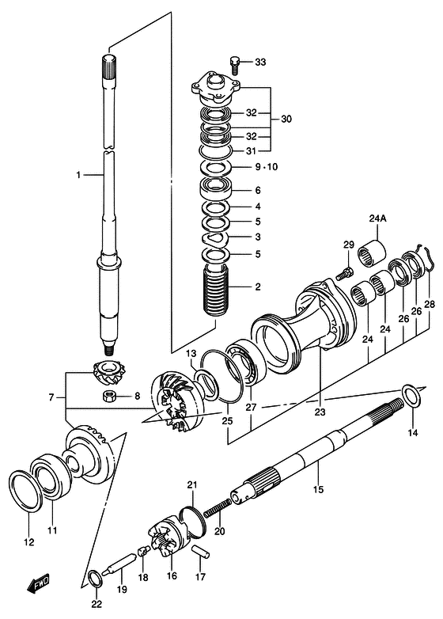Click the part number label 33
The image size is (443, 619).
click(261, 62)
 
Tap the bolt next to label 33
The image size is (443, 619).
click(235, 61)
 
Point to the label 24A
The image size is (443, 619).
click(377, 219)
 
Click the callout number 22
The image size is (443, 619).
click(96, 604)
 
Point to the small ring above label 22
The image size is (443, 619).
click(93, 575)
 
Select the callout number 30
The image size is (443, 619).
click(286, 119)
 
